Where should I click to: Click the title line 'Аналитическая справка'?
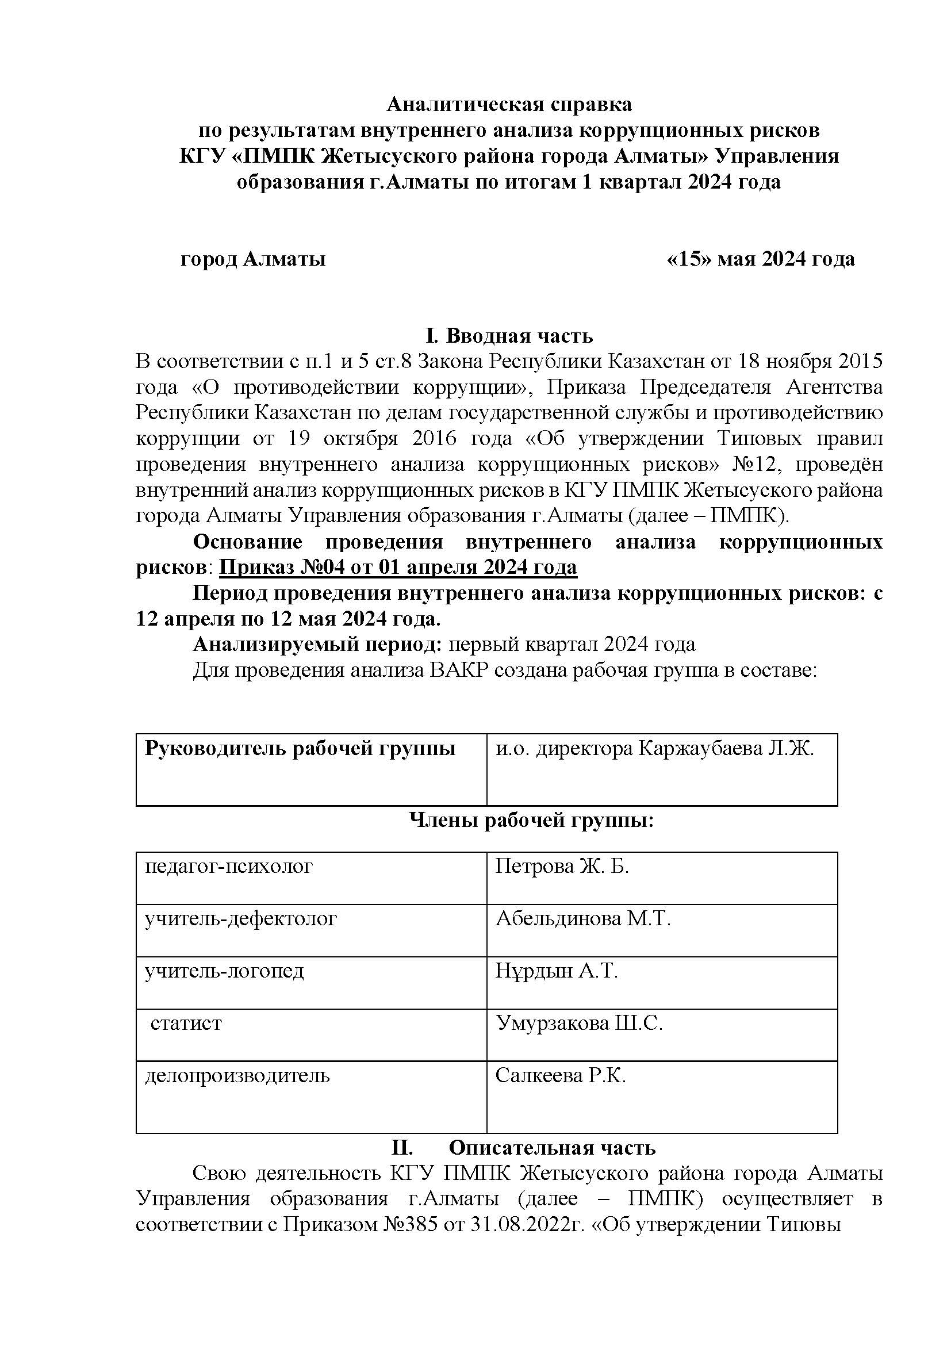click(509, 104)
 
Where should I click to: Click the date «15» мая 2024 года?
click(760, 258)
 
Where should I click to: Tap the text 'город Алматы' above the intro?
click(253, 258)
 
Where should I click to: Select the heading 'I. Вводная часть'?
click(509, 336)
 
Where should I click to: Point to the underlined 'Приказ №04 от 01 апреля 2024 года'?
click(398, 567)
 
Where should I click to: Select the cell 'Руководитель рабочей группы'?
click(300, 749)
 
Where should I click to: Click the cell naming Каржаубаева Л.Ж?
click(655, 749)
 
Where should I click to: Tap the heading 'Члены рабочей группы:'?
click(531, 821)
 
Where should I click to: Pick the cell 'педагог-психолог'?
click(229, 867)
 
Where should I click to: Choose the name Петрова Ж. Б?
click(562, 867)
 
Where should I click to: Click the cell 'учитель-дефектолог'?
click(241, 918)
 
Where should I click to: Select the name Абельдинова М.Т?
click(582, 918)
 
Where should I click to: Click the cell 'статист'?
click(186, 1023)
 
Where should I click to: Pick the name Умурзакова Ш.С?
click(578, 1023)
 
